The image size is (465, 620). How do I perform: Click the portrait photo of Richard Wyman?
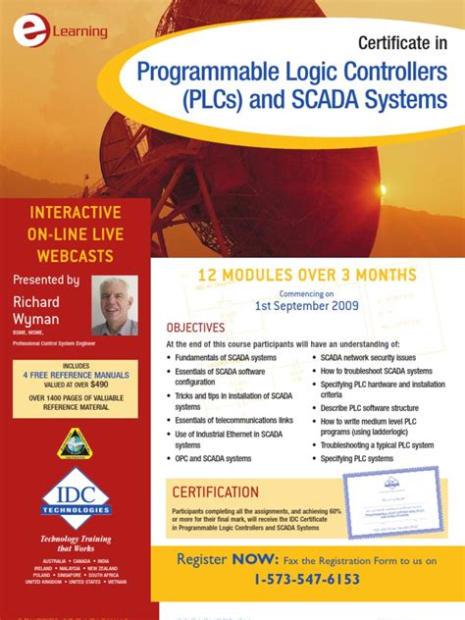[115, 306]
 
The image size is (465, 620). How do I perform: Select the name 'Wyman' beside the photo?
[36, 319]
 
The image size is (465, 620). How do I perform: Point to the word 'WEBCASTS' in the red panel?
[75, 256]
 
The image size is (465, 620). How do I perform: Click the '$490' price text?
[103, 387]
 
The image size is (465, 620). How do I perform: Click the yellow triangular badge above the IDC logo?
[75, 441]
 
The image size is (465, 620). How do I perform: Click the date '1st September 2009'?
[307, 305]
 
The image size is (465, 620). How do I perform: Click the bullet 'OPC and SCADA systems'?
[213, 458]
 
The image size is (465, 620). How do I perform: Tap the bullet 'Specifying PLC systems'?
[357, 458]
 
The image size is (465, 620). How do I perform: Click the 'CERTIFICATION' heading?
[216, 491]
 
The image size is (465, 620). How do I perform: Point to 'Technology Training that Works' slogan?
[75, 544]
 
